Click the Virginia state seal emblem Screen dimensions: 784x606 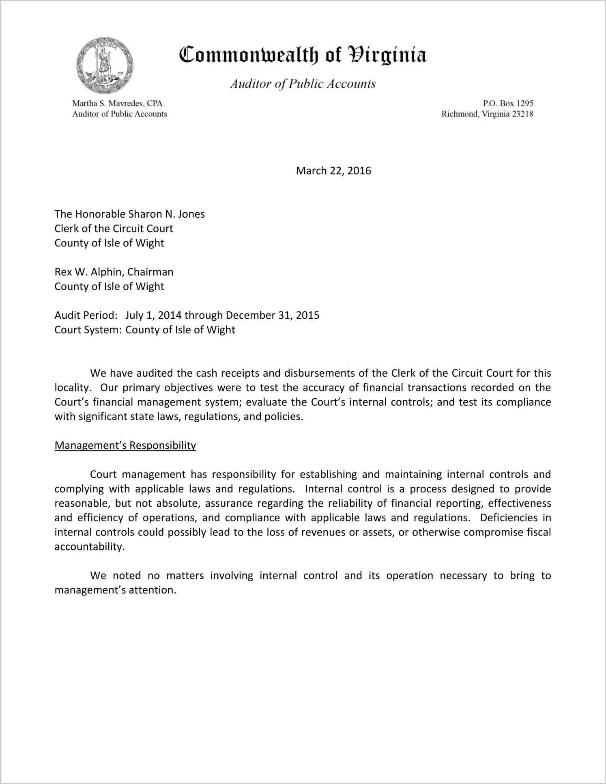pyautogui.click(x=105, y=66)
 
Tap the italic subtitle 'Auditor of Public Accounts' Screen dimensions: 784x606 pyautogui.click(x=303, y=84)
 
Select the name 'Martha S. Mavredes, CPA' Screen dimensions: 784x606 pyautogui.click(x=117, y=104)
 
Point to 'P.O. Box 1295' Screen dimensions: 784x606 pyautogui.click(x=508, y=104)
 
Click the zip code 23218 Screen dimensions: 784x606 pyautogui.click(x=522, y=114)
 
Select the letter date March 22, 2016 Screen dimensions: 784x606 pyautogui.click(x=333, y=171)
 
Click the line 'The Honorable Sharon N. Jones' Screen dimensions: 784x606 pyautogui.click(x=129, y=214)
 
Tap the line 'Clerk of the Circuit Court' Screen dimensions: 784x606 pyautogui.click(x=114, y=229)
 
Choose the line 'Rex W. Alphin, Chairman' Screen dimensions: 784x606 pyautogui.click(x=114, y=272)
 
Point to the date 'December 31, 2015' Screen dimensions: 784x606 pyautogui.click(x=272, y=315)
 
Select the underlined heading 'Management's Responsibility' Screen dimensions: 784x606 pyautogui.click(x=125, y=445)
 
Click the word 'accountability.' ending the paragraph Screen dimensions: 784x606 pyautogui.click(x=89, y=547)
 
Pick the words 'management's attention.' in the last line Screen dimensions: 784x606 pyautogui.click(x=115, y=590)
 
